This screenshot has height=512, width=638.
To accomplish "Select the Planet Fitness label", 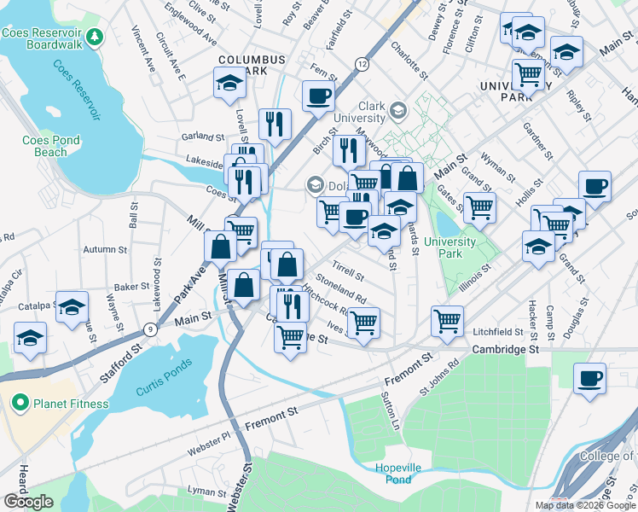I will click(x=71, y=404).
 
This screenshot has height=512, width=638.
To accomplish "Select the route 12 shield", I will click(x=363, y=64).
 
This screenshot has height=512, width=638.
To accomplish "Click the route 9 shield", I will click(x=150, y=329).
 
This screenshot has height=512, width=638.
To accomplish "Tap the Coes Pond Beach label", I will click(x=51, y=146).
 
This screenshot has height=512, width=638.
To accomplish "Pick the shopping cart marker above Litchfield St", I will click(x=447, y=321).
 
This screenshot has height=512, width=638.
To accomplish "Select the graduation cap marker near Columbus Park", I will click(x=229, y=83).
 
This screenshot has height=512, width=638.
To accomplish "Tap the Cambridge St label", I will click(x=506, y=350).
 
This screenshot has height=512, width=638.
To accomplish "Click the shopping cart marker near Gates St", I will click(x=479, y=206).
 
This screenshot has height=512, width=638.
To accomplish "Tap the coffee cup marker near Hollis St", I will click(x=594, y=186).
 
